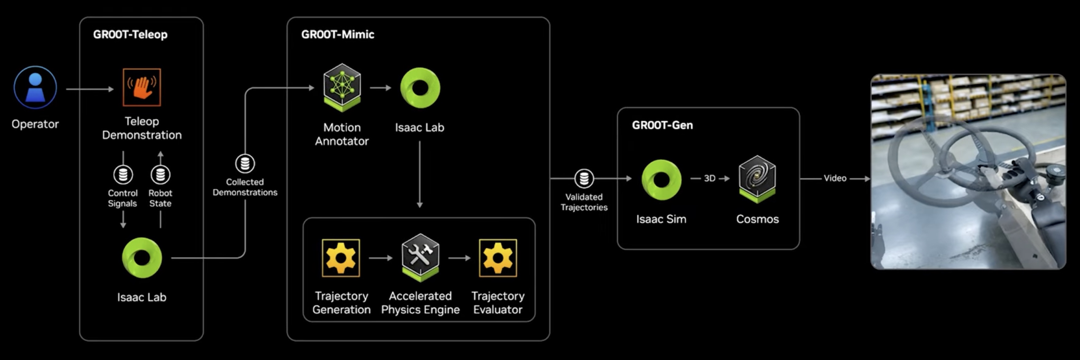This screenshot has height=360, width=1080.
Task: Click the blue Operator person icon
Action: click(35, 87)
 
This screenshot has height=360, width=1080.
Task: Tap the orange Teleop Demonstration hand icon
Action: click(142, 87)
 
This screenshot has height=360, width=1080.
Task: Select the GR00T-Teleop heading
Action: click(130, 34)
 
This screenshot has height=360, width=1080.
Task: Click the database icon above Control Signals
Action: click(123, 174)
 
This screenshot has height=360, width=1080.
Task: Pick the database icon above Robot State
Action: click(160, 174)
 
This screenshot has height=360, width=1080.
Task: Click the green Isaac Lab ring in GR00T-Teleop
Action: click(142, 258)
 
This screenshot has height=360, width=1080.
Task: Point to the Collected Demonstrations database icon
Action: click(245, 163)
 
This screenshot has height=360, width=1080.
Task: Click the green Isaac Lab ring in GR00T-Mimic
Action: click(420, 88)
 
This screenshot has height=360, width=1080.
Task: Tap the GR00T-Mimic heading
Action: click(338, 34)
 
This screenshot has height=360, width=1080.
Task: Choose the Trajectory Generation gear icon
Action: click(340, 258)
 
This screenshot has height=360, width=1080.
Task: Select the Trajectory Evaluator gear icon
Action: click(498, 258)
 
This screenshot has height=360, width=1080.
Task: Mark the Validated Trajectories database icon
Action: click(584, 178)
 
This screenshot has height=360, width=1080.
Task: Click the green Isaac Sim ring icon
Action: click(661, 180)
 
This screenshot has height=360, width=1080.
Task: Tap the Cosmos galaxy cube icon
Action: click(757, 178)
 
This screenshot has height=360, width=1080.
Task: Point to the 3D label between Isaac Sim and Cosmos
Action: click(709, 178)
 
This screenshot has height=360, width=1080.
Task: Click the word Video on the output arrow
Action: click(835, 178)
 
